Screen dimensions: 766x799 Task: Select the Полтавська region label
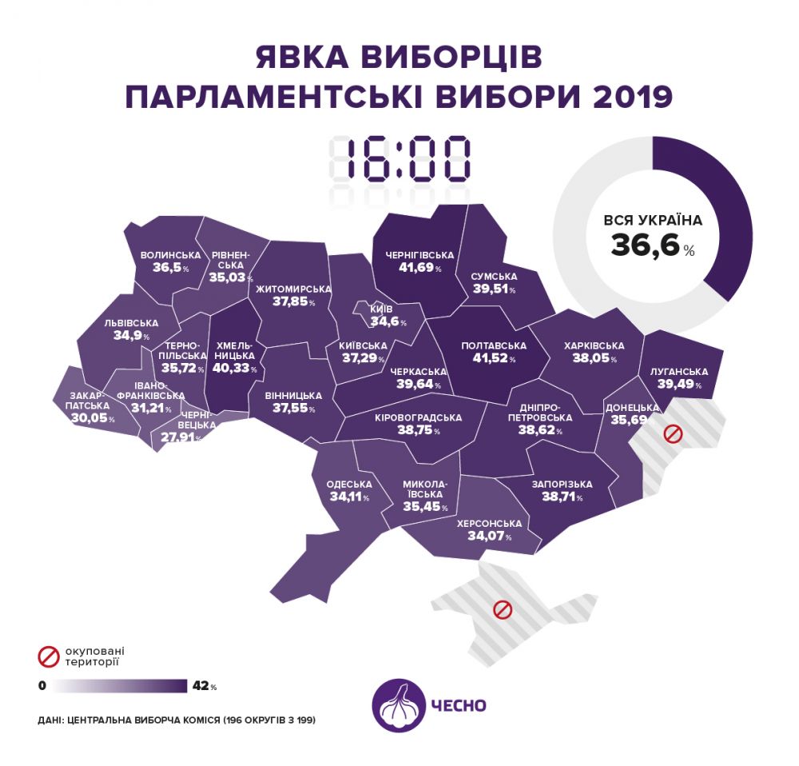click(x=494, y=346)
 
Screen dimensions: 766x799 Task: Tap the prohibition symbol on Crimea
click(x=502, y=609)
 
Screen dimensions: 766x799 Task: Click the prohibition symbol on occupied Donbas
click(x=673, y=435)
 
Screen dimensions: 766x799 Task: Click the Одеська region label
click(x=349, y=484)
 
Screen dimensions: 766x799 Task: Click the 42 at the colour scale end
click(x=200, y=685)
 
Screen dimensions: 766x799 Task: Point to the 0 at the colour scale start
click(x=42, y=685)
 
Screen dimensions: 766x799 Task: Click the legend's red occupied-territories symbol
click(x=50, y=656)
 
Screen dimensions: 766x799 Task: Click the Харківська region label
click(x=593, y=345)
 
